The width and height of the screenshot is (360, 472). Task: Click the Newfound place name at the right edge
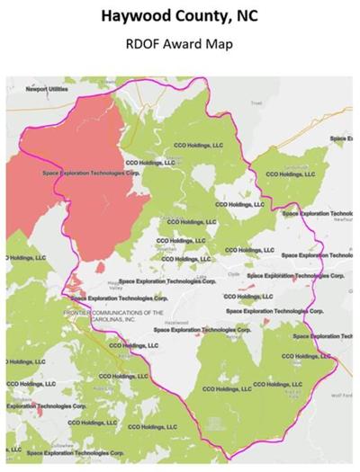[343, 219]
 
